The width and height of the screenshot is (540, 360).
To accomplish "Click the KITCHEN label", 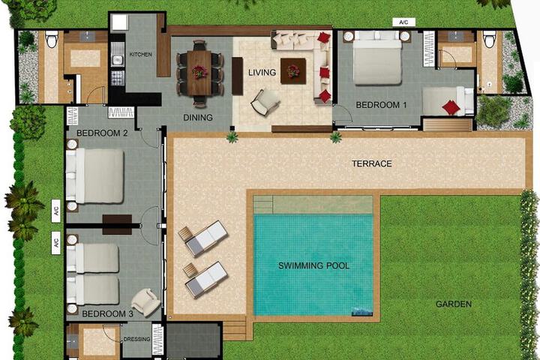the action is (x=140, y=55).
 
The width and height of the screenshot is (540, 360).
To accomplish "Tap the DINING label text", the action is (x=198, y=118).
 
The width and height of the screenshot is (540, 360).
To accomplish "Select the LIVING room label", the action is (x=262, y=72).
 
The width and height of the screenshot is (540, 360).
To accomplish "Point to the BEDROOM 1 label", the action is (x=381, y=105).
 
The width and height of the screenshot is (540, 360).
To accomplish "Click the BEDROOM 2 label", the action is (x=102, y=133).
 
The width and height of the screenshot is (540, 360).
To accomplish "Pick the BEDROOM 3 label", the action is (x=107, y=313).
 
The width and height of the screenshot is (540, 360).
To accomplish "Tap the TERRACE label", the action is (x=371, y=163).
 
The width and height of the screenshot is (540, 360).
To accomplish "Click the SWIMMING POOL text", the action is (x=313, y=265).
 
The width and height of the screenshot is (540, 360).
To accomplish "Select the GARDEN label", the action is (x=454, y=304).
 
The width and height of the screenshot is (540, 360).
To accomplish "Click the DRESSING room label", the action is (x=136, y=339).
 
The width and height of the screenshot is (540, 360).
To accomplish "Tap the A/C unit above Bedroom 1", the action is (x=404, y=22).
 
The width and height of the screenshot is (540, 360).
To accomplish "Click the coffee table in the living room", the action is (x=293, y=71).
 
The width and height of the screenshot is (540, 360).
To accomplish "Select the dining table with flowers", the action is (x=199, y=73).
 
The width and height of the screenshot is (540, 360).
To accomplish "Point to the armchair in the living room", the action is (x=265, y=102).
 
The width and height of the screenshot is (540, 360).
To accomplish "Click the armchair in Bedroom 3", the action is (x=146, y=301).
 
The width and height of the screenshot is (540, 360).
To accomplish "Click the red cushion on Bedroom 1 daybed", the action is (x=451, y=107).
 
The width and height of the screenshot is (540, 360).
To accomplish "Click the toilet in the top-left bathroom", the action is (x=51, y=39).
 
